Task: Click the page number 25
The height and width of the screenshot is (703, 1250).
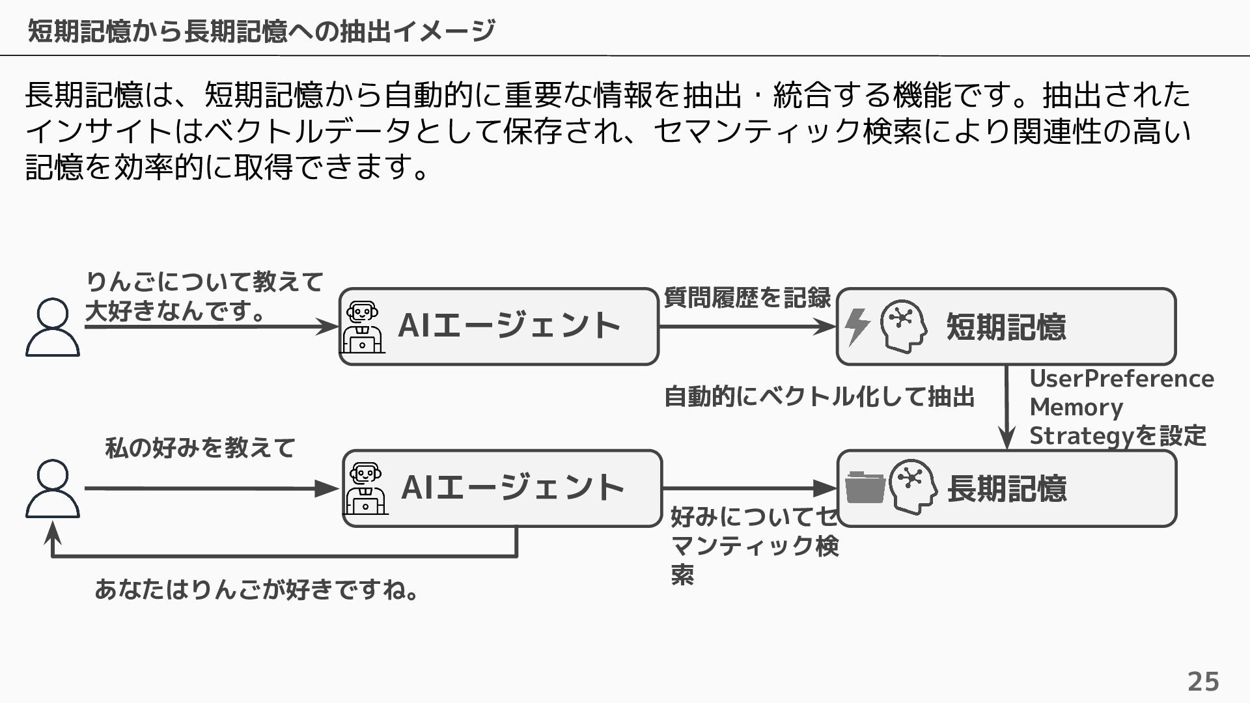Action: click(1203, 682)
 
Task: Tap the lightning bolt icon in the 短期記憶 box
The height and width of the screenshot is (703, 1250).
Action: click(857, 327)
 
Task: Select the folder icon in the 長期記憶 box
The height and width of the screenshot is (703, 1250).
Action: click(865, 487)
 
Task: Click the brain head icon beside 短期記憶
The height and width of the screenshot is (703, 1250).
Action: click(904, 326)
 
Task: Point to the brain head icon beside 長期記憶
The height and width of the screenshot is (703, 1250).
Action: click(913, 487)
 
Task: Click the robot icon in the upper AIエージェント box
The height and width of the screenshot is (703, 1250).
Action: click(363, 327)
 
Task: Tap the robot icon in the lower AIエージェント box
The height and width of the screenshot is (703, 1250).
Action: click(366, 488)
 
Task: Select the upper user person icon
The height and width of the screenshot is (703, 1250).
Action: click(53, 327)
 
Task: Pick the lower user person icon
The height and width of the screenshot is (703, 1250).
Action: click(53, 489)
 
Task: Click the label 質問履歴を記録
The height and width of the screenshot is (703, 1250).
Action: click(747, 298)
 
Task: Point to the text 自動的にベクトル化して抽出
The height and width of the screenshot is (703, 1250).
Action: click(819, 396)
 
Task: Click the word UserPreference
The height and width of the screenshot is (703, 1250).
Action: click(1122, 378)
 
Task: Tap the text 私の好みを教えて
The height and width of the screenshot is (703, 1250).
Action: click(201, 448)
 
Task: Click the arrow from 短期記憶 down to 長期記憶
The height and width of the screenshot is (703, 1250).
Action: click(1007, 407)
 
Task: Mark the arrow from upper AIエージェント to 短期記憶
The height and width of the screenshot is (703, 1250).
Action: click(747, 326)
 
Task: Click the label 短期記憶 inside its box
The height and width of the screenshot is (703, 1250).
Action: click(1006, 327)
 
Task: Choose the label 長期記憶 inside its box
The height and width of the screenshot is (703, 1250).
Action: click(1007, 488)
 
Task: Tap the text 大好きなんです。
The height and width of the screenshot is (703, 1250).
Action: click(176, 311)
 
